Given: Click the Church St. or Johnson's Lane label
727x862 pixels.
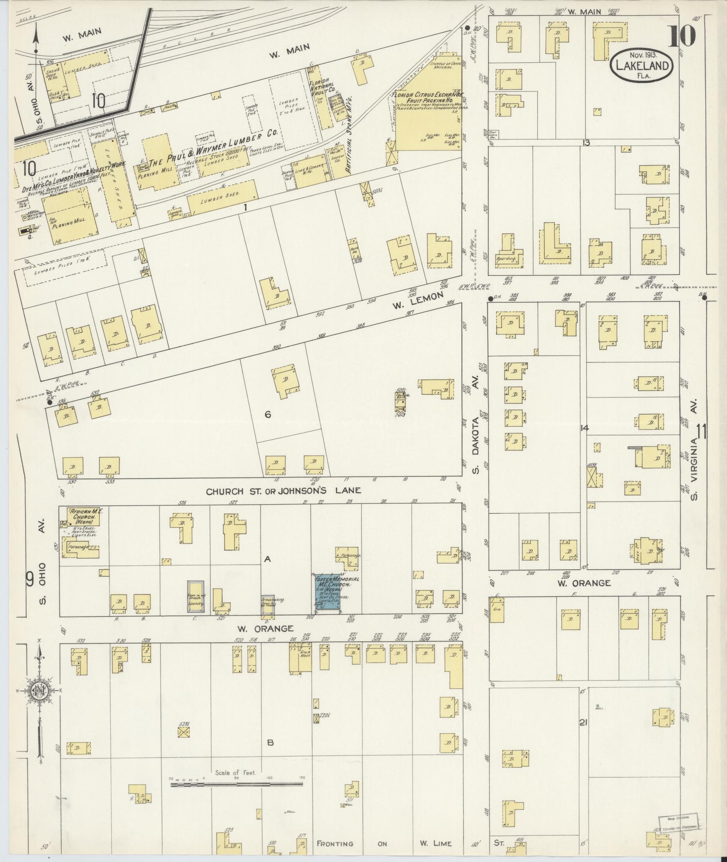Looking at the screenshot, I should pos(283,491).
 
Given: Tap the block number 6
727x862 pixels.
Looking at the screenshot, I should pos(268,414).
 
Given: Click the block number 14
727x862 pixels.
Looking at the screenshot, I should pos(585,428).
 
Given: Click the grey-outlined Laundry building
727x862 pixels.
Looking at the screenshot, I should pos(196,596).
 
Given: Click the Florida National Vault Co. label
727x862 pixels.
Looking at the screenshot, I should pos(321,88).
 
